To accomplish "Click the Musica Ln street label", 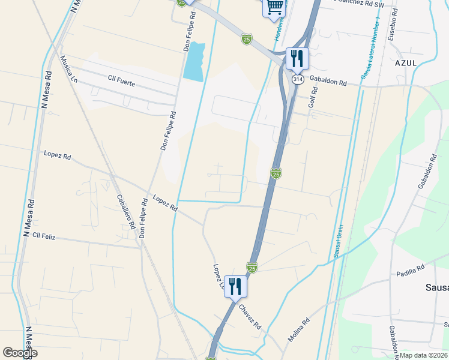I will pos(68,70).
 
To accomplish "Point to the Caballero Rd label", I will pos(124,212).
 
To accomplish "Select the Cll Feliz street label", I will pos(44,237).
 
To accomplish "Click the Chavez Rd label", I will pos(250,316).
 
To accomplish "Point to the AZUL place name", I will pos(406,62).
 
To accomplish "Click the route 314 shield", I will pos(298,79).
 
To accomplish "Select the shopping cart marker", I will pos(275,7).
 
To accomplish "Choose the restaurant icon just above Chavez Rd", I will pos(235,286).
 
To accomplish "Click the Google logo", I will pos(20,353).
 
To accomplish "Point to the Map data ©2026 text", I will pos(424,355).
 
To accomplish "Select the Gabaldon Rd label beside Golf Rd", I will pos(328,83).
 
